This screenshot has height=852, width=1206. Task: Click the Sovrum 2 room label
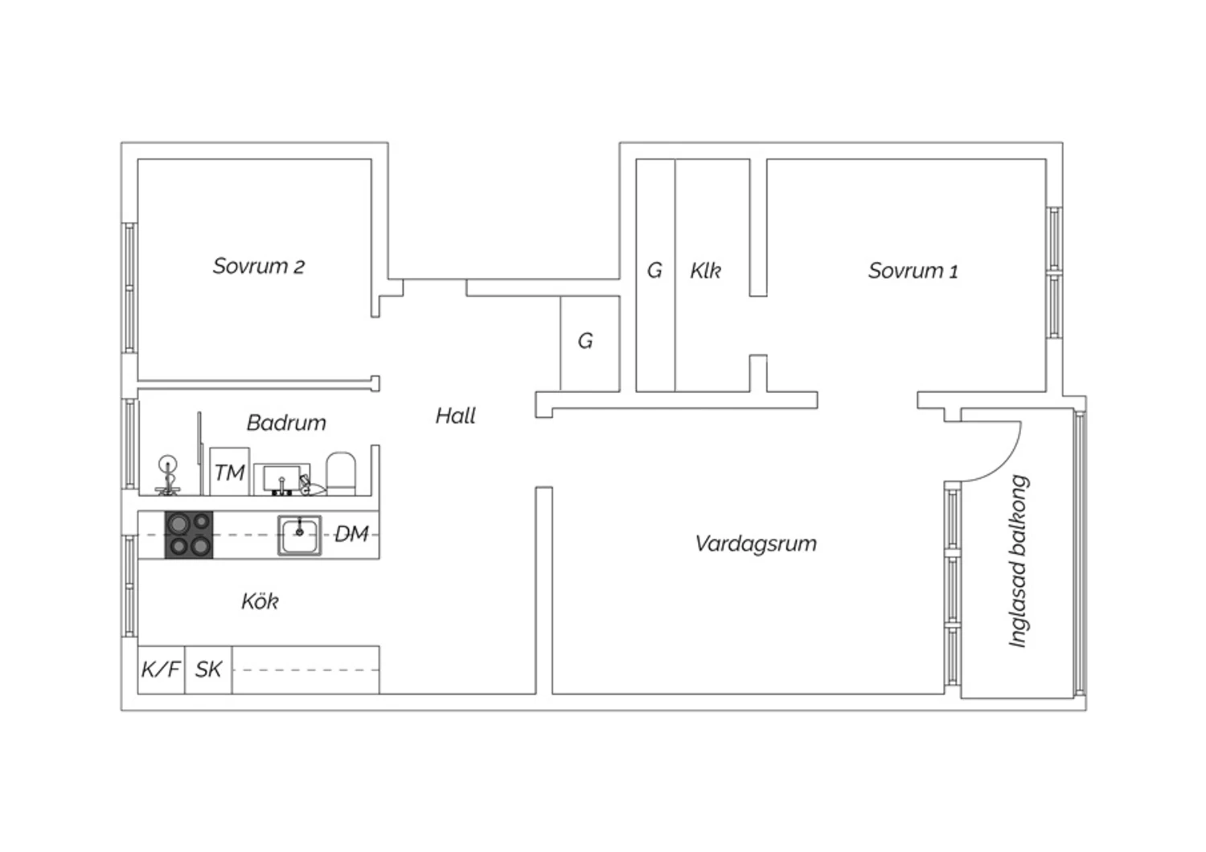259,266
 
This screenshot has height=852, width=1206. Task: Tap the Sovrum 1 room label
913,271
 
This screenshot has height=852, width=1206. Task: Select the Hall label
456,416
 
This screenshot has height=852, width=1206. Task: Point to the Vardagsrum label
756,544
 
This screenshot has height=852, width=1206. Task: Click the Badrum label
286,423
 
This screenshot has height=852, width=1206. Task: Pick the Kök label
260,601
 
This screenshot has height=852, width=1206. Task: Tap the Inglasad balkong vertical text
1018,561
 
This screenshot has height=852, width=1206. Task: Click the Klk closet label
705,271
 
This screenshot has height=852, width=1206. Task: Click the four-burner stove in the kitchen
189,535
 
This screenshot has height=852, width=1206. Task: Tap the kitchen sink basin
300,535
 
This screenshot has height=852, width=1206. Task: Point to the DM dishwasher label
351,535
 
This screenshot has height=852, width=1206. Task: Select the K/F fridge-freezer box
161,670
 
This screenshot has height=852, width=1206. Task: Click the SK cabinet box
208,670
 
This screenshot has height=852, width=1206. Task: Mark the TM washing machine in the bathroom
229,472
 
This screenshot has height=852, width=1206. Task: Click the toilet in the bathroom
341,474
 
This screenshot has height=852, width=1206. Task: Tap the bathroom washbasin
281,479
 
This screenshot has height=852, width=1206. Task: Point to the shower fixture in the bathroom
168,475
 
